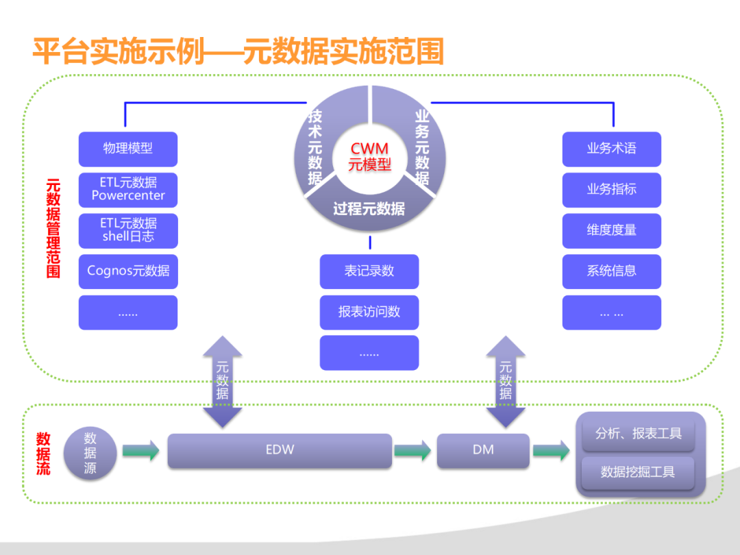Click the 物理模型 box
[128, 149]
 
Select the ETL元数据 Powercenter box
[128, 190]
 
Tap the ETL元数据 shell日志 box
[128, 230]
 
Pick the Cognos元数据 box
[128, 271]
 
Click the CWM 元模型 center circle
[369, 156]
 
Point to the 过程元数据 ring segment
[369, 207]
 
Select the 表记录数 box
[369, 271]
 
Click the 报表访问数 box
[369, 312]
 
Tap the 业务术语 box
[611, 149]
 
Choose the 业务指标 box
[611, 190]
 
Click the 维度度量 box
[611, 230]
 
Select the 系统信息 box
[611, 271]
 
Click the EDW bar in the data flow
[280, 451]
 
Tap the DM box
[483, 451]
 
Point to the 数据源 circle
[90, 453]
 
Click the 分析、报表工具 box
[639, 434]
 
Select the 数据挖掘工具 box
[638, 472]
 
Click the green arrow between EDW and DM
[413, 451]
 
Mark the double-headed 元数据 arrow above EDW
[223, 382]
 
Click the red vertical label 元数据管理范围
[53, 228]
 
